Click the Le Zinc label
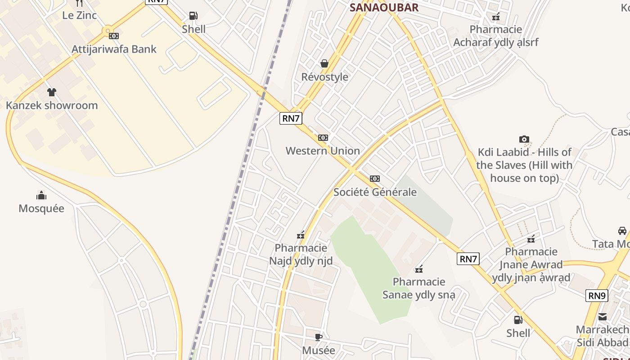pos(79,15)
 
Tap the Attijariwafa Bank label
pos(114,49)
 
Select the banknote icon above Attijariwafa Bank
pos(114,36)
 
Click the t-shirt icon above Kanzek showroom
pos(52,92)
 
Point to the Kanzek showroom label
pos(52,106)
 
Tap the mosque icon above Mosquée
pos(41,195)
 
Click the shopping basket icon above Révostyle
pos(324,64)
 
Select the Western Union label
pos(323,151)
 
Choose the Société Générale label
pos(375,192)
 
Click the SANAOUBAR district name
pos(384,7)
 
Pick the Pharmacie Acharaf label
pos(495,36)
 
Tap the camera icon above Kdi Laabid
pos(524,139)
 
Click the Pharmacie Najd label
pos(301,254)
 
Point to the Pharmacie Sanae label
pos(419,288)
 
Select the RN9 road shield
pos(597,296)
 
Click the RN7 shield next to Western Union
pos(291,118)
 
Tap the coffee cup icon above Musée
pos(319,337)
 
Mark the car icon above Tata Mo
pos(622,231)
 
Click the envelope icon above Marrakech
pos(603,317)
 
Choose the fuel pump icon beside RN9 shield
pos(518,320)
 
